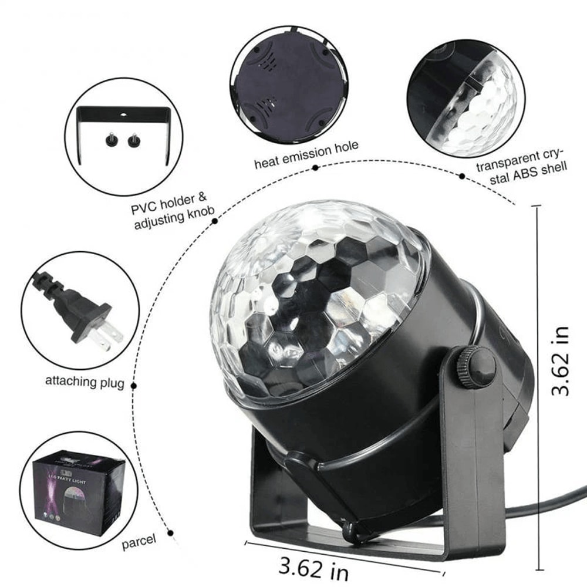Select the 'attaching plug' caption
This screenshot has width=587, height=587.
(85, 382)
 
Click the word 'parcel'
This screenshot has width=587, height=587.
(139, 541)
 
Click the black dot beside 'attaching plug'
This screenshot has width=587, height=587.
(134, 386)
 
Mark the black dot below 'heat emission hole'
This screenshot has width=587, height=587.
(315, 168)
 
